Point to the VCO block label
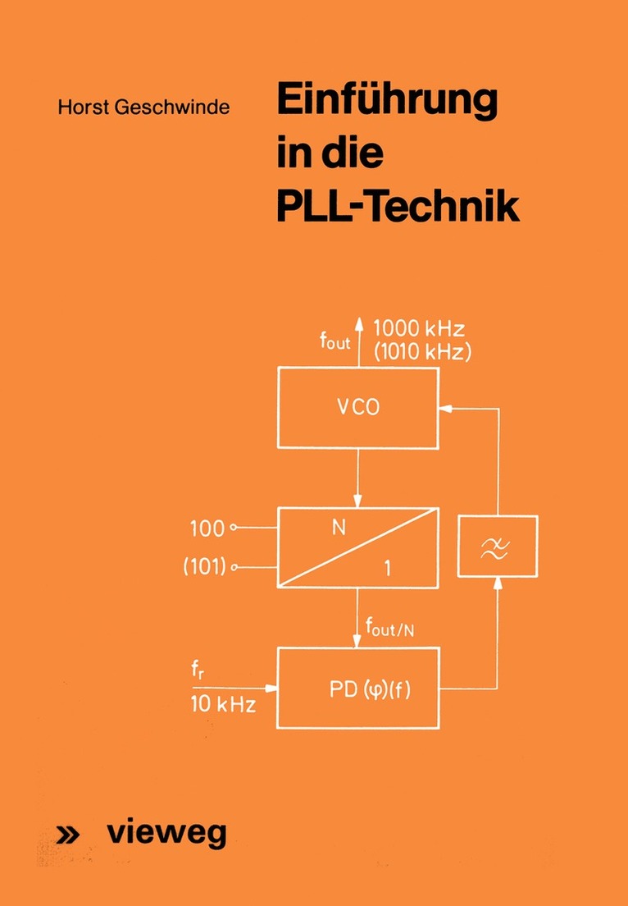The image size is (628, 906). [x=357, y=408]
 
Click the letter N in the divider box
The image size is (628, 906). [x=339, y=529]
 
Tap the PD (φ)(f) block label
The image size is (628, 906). [x=366, y=689]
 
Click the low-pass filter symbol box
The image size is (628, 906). [x=498, y=548]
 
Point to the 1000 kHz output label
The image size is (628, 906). [x=419, y=328]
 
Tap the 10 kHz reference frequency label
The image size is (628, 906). [x=222, y=704]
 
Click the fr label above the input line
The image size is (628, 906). [x=197, y=672]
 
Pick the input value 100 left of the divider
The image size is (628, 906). [x=207, y=528]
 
